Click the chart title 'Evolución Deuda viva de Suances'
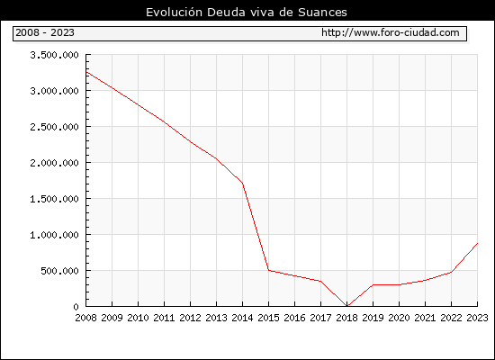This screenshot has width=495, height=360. pos(247,13)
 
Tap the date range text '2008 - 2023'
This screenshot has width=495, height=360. pos(45,32)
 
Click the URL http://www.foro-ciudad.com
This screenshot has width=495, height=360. pos(391,32)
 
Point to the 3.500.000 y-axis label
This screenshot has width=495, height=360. pos(54,55)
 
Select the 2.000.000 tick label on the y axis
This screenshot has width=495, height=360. pos(54,163)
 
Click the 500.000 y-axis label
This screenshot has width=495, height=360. pos(59,271)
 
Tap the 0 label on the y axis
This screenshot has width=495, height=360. pos(76,307)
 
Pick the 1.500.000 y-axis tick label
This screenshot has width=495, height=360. pos(54,199)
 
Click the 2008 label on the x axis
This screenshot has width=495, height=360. pos(85,318)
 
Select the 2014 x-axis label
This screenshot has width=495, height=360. pos(242,318)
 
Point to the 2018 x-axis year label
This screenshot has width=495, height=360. pos(346,318)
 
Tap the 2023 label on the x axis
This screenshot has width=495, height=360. pos(477,318)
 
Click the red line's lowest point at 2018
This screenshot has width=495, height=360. pos(346,306)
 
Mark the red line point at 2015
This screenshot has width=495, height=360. pos(269,270)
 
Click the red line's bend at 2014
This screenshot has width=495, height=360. pos(242,184)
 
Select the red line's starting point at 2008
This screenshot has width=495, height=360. pos(86,72)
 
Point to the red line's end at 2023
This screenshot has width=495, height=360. pos(477,243)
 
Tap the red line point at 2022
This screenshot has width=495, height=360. pos(452,272)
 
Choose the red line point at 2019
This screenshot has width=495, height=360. pos(373,284)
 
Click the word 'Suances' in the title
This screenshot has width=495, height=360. pos(322,13)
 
